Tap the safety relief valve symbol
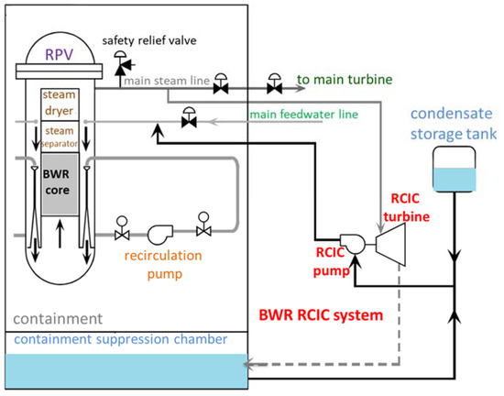tap(120, 60)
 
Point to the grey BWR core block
tap(61, 183)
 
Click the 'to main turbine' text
tap(340, 81)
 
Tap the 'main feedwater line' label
tap(299, 114)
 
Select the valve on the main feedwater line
tap(188, 118)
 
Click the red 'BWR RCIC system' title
tap(322, 314)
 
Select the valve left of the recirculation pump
tap(121, 225)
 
